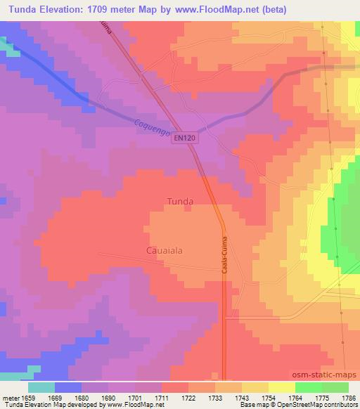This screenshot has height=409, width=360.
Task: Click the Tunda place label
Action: pyautogui.click(x=180, y=201)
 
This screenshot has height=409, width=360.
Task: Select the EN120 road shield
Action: pyautogui.click(x=185, y=138)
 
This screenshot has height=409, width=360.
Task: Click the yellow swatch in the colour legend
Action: pyautogui.click(x=281, y=387)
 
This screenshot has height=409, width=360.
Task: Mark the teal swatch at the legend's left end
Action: pyautogui.click(x=41, y=387)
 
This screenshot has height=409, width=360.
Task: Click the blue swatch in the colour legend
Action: pyautogui.click(x=67, y=387)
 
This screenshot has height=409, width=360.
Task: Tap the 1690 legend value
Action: pyautogui.click(x=108, y=397)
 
